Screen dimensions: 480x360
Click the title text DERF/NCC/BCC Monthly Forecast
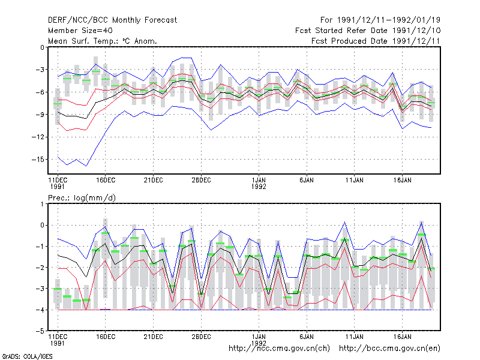click(x=112, y=20)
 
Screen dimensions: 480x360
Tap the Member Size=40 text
click(x=80, y=31)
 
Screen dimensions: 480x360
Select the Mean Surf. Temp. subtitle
click(x=103, y=41)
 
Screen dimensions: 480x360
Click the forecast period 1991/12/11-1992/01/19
click(x=380, y=20)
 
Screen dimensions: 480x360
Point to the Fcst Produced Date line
click(x=376, y=41)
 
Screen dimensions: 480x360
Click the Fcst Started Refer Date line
click(x=368, y=31)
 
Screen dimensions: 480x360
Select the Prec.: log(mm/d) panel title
click(x=82, y=198)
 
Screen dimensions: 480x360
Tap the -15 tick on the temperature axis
click(x=38, y=160)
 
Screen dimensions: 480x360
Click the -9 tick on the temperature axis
click(x=40, y=115)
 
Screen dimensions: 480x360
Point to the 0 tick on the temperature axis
click(x=42, y=47)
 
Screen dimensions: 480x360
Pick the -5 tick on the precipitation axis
click(x=40, y=331)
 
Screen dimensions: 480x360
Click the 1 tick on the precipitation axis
click(x=42, y=204)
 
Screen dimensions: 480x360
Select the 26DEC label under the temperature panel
click(x=201, y=181)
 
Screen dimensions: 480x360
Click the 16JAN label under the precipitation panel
click(x=402, y=337)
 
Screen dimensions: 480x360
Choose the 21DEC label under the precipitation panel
click(x=154, y=337)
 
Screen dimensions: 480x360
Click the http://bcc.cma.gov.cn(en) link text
click(x=389, y=349)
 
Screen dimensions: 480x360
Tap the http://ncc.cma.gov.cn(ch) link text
click(x=279, y=349)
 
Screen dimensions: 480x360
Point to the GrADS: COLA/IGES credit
click(x=28, y=356)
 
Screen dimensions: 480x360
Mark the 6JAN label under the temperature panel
click(x=307, y=181)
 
